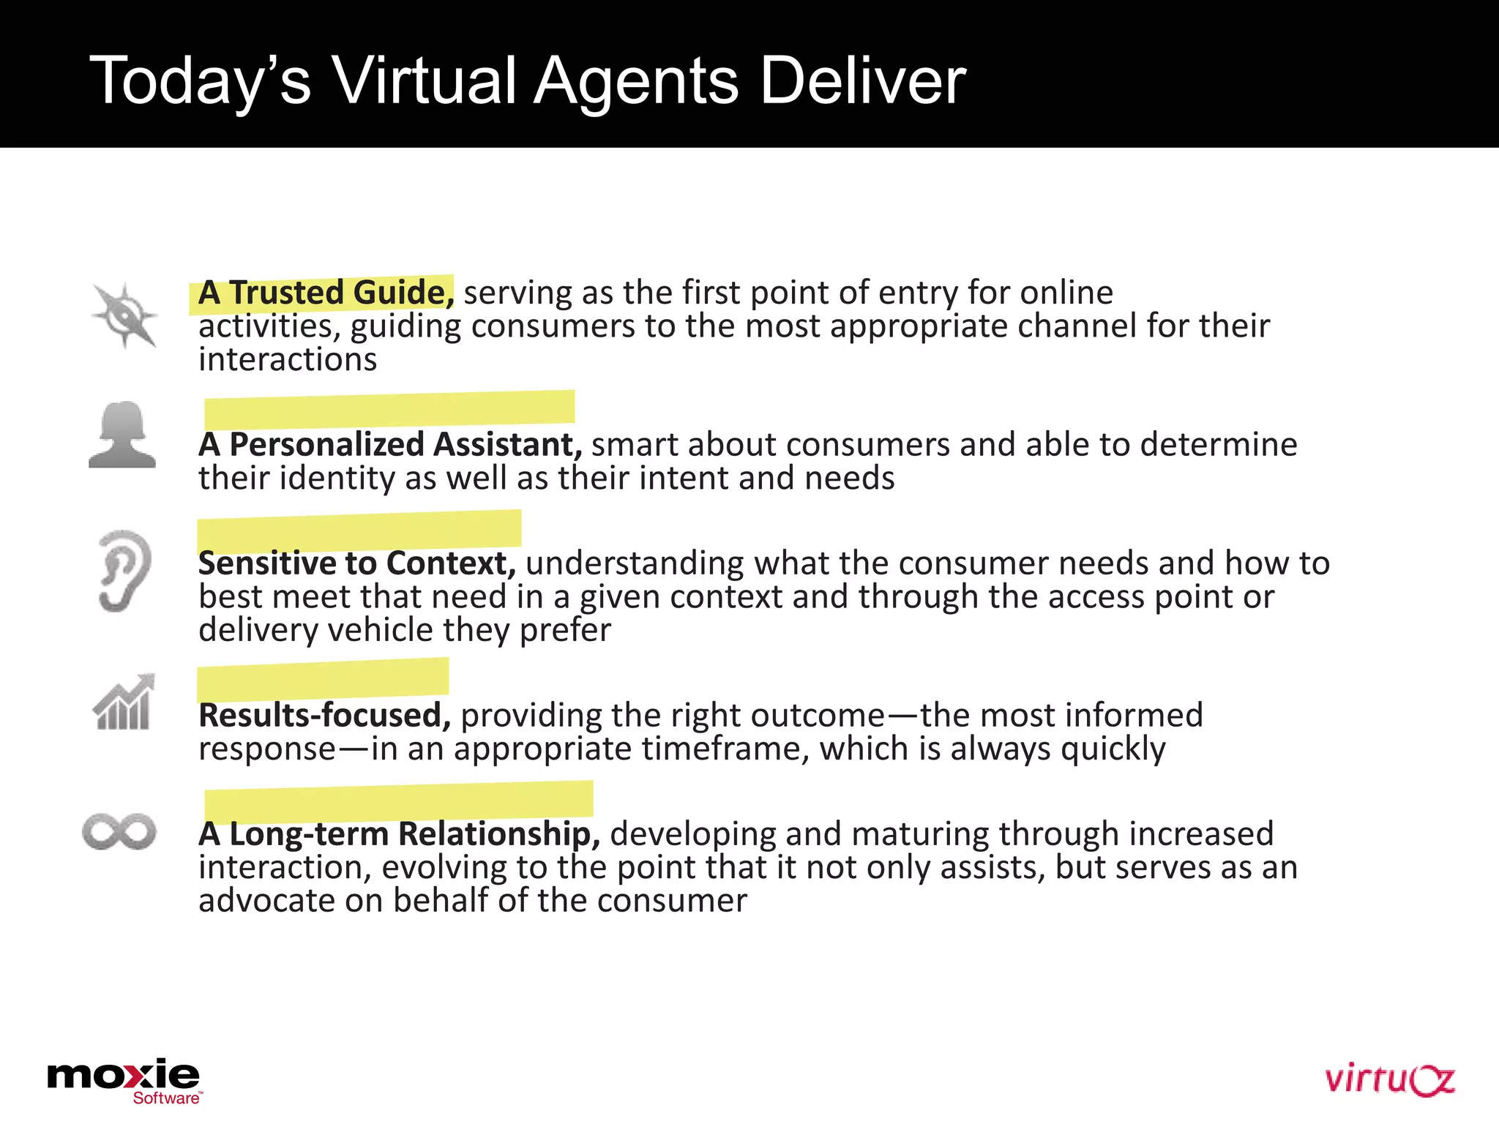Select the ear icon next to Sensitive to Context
coord(124,571)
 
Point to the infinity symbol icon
coord(119,832)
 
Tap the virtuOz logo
coord(1388,1080)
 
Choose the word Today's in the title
coord(200,82)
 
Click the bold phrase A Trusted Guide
coord(326,293)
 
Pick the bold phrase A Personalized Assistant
coord(390,444)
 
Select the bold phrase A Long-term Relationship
coord(400,834)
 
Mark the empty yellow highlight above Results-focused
coord(323,679)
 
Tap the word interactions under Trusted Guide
coord(288,360)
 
